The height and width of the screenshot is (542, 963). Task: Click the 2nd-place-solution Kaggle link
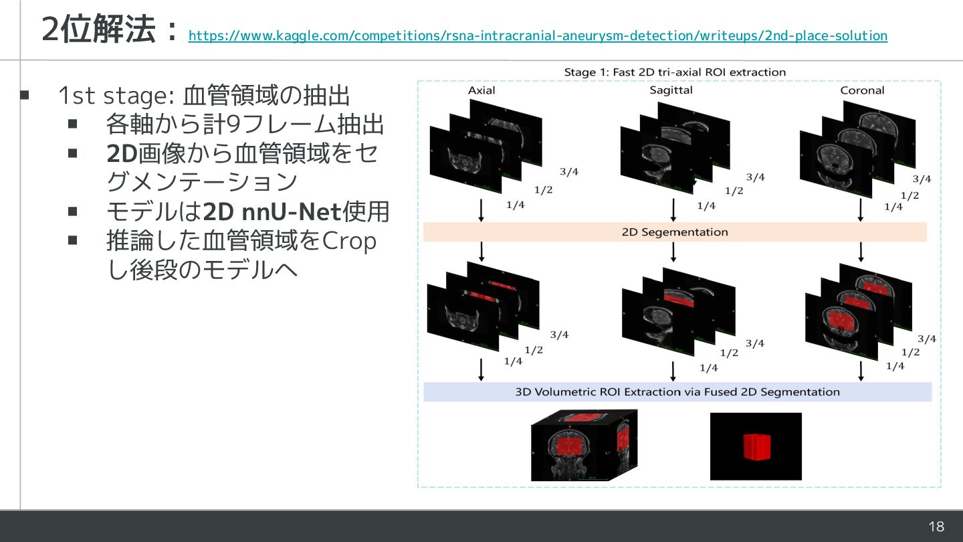538,35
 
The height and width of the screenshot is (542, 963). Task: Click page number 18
936,527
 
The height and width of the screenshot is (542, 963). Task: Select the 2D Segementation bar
675,232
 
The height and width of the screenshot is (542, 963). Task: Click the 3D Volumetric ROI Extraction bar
677,391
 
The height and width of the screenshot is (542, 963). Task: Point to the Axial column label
481,90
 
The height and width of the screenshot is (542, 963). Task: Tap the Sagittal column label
671,90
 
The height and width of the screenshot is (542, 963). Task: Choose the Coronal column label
862,90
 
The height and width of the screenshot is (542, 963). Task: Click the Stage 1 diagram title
675,72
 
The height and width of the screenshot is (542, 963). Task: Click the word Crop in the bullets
350,241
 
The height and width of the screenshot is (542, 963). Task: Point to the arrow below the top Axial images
481,209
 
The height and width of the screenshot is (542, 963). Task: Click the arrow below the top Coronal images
861,209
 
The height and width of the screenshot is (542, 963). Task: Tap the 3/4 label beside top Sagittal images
755,177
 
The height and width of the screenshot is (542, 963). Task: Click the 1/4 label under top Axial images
515,205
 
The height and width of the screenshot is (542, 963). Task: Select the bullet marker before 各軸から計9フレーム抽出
73,124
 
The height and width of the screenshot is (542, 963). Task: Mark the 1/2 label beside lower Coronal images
909,352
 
